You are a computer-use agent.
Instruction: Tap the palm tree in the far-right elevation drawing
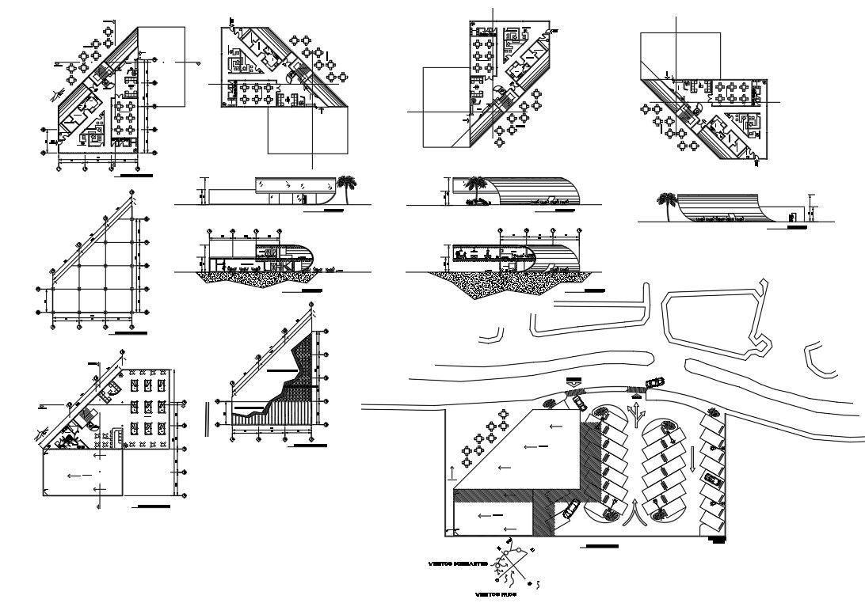click(665, 203)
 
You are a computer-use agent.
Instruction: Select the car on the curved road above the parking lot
click(654, 383)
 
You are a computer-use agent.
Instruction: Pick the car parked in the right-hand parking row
click(713, 479)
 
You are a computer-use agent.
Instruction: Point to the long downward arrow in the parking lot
click(692, 458)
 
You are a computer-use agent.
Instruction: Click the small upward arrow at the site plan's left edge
click(452, 472)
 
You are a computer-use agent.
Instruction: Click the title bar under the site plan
click(600, 547)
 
